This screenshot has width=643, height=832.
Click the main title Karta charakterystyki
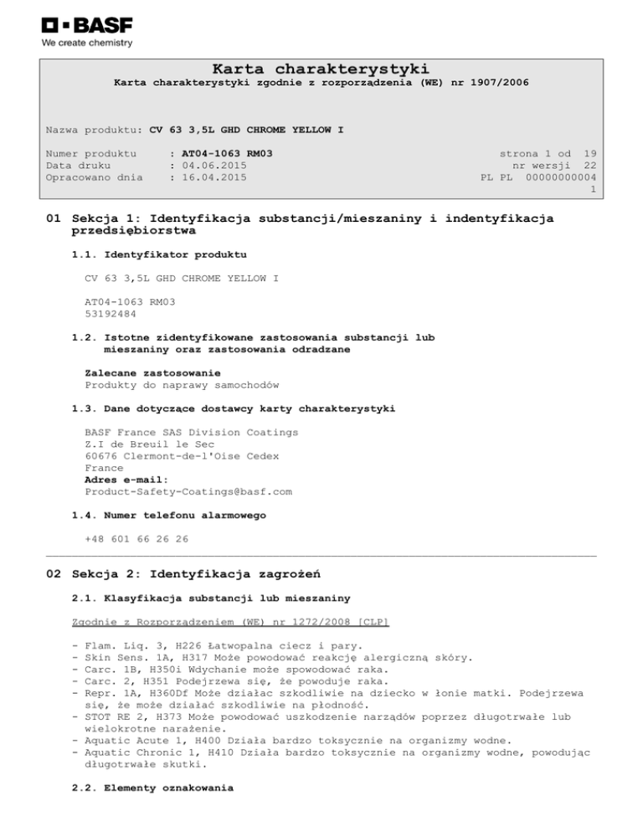321,68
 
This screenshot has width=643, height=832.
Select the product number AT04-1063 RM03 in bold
227,154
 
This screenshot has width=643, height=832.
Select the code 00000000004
561,177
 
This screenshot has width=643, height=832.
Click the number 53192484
110,314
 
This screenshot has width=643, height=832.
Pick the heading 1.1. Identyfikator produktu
159,253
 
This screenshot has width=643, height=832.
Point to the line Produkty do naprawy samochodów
182,384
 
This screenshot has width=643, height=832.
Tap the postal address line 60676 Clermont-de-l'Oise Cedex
182,456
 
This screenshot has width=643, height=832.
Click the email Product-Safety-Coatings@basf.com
188,491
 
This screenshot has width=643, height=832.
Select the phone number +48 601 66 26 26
136,539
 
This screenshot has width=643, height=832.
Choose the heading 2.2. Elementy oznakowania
153,788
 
